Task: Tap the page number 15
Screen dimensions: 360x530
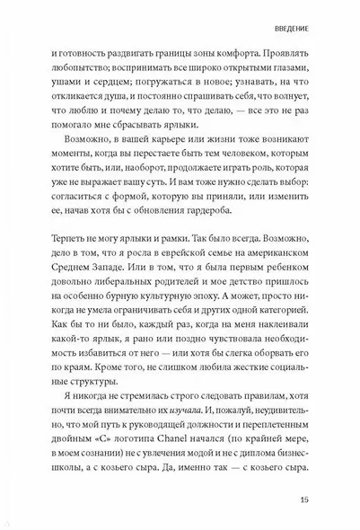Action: coord(298,499)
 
